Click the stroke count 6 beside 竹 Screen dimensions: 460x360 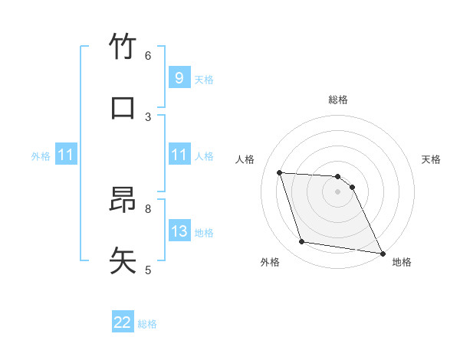coord(148,55)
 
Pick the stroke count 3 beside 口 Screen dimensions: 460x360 coord(148,116)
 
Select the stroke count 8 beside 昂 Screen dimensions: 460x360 coord(148,208)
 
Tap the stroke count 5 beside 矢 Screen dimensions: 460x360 coord(148,269)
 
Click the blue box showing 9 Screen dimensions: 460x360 coord(179,77)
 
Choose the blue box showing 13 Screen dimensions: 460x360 coord(179,231)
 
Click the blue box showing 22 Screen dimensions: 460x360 coord(123,322)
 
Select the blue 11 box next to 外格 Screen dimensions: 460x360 coord(66,155)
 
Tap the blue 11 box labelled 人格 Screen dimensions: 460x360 coord(179,155)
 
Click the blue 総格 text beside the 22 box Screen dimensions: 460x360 coord(147,324)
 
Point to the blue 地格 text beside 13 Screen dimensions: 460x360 coord(204,233)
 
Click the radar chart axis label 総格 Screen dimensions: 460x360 coord(338,100)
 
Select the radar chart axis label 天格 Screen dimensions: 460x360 coord(432,159)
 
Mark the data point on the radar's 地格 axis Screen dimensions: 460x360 coord(382,253)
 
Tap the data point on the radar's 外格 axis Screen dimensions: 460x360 coord(302,242)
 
